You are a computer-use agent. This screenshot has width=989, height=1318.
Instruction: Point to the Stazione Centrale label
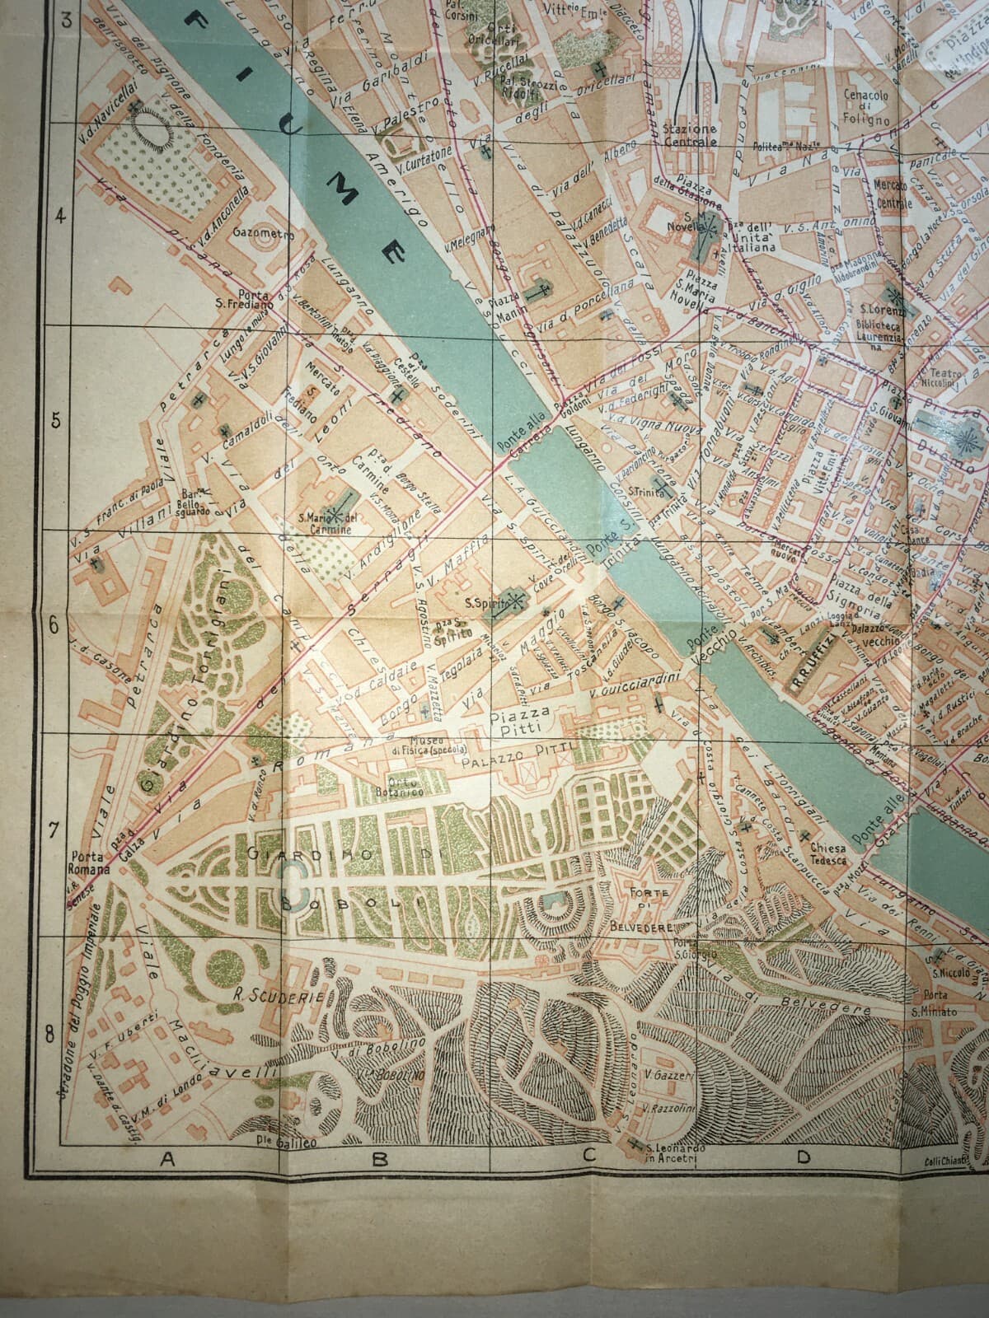[689, 135]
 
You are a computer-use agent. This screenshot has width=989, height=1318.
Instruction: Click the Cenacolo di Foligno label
[865, 107]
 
